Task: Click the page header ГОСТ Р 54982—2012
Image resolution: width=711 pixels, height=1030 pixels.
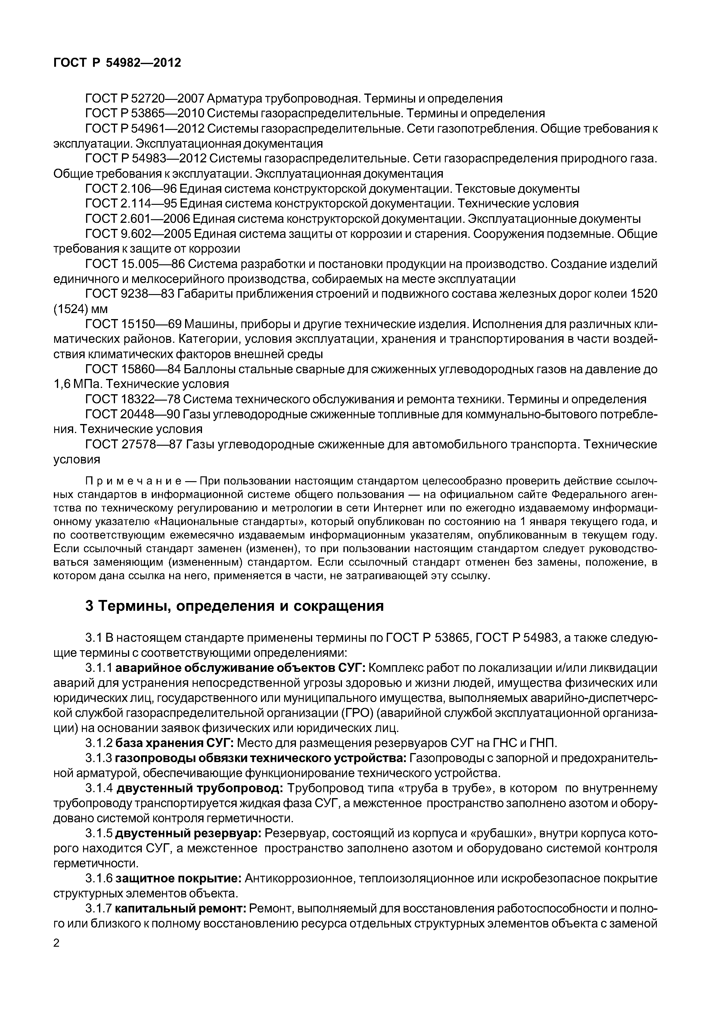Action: point(117,63)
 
